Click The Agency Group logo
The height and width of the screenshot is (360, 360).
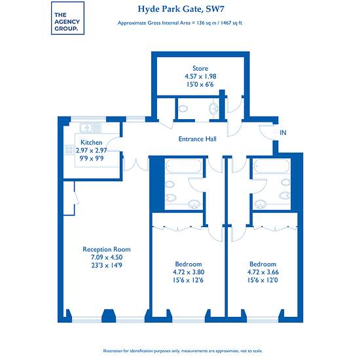point(67,18)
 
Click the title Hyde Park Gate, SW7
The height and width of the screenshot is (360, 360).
point(181,9)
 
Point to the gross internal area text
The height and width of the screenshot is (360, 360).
point(180,23)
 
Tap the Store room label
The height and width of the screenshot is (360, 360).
point(200,68)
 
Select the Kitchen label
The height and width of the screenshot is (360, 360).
point(92,142)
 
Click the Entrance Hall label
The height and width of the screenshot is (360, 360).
point(198,139)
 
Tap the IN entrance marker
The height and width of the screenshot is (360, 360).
point(283,132)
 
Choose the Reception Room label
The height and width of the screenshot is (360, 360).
point(107,249)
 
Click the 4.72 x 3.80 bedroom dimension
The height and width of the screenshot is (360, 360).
point(189,272)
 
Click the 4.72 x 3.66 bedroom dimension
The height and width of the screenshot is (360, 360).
point(263,272)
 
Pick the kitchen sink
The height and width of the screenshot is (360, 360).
point(90,128)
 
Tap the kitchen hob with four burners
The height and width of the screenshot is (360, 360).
point(69,150)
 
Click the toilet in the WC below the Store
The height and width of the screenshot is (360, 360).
point(183,109)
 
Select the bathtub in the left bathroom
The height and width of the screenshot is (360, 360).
point(184,166)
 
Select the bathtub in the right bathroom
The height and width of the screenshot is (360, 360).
point(272,166)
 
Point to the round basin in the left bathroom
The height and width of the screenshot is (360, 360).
point(194,204)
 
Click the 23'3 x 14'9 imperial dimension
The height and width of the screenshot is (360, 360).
point(107,265)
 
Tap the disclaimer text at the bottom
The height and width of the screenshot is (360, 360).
point(183,351)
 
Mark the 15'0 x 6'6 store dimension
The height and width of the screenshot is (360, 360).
point(200,84)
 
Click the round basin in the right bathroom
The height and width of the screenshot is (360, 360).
point(261,204)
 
